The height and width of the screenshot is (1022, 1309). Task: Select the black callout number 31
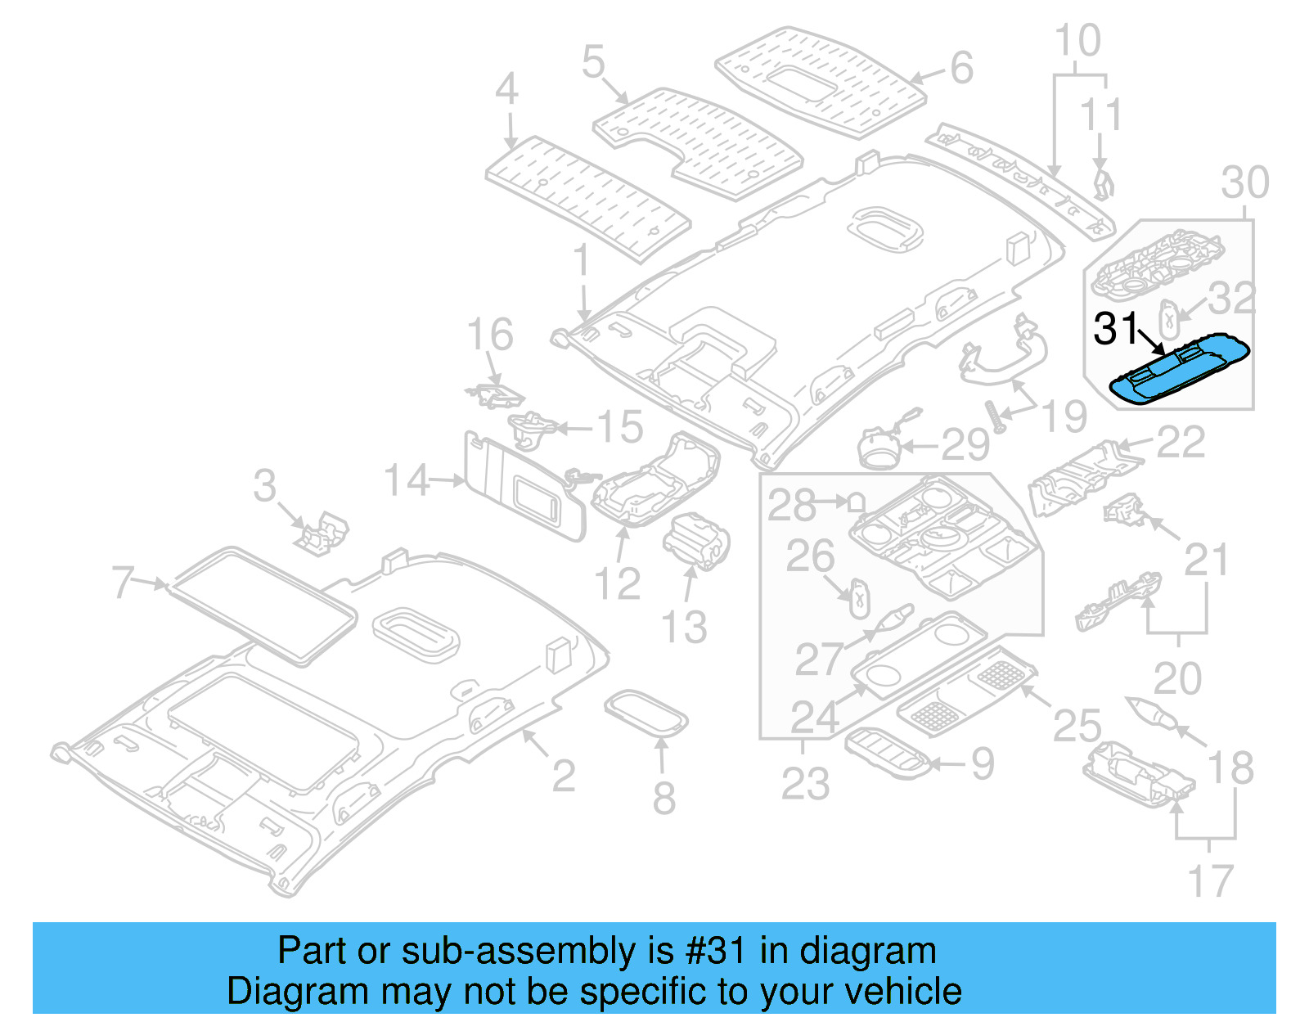pyautogui.click(x=1116, y=329)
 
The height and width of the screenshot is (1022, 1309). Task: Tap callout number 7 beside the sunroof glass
pyautogui.click(x=123, y=583)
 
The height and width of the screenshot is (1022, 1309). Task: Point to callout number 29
pyautogui.click(x=965, y=445)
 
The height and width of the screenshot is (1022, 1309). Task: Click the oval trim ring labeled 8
pyautogui.click(x=646, y=714)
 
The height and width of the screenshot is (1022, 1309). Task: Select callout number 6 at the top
pyautogui.click(x=962, y=68)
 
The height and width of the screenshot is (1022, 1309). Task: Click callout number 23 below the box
pyautogui.click(x=805, y=783)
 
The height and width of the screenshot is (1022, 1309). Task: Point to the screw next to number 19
pyautogui.click(x=996, y=416)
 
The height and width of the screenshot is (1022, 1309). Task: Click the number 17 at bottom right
pyautogui.click(x=1210, y=881)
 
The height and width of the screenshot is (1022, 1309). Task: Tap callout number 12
pyautogui.click(x=617, y=583)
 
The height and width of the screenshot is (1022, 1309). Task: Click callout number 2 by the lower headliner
pyautogui.click(x=563, y=776)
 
